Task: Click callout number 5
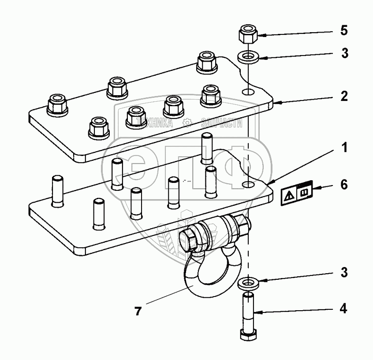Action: click(x=344, y=31)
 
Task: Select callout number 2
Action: click(x=344, y=96)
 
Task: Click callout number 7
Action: click(x=138, y=312)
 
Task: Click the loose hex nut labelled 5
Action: click(x=248, y=35)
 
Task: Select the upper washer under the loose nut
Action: click(x=249, y=57)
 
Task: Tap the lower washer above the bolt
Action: click(x=248, y=283)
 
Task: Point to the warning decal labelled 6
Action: click(x=297, y=192)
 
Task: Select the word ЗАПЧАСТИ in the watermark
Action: click(x=221, y=123)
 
